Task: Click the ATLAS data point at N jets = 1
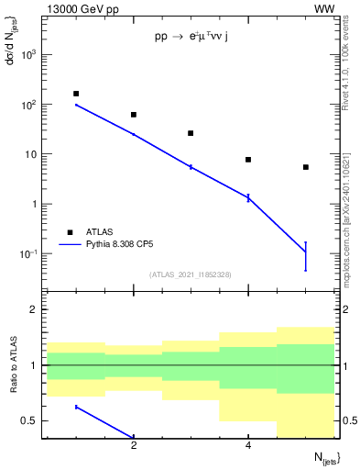coord(76,94)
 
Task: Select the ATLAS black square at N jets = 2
coord(134,115)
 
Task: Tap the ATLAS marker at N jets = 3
coord(191,133)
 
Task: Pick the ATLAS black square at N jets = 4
coord(248,160)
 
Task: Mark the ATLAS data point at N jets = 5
coord(306,167)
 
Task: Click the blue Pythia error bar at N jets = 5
coord(306,255)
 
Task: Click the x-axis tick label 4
coord(248,446)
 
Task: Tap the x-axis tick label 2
coord(134,446)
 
